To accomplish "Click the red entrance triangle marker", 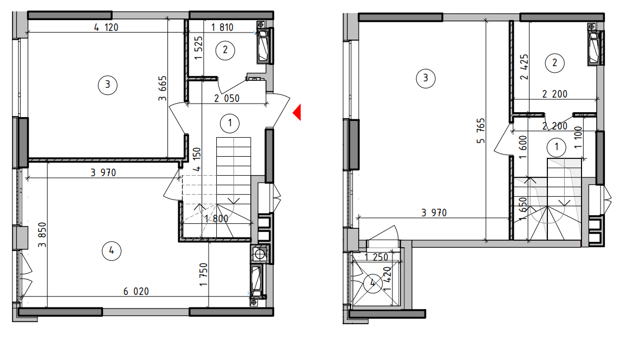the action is pos(298,112).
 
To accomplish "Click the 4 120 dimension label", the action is pos(106,28).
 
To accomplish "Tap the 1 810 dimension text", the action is pos(222,28).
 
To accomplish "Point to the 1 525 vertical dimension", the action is pos(198,48).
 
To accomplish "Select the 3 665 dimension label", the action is pos(162,88).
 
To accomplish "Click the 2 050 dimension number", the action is pos(227,98).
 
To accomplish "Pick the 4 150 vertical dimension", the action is pos(197,159).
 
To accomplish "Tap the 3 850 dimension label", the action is pos(42,235).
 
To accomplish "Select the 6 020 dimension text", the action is pos(136,291).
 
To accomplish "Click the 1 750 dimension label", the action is pos(203,275).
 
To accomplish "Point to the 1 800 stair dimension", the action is pos(216,218).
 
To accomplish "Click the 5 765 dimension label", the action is pos(480,131).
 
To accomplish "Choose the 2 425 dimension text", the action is pos(524,67).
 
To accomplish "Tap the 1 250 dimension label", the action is pos(376,257).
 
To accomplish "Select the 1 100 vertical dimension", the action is pos(578,137).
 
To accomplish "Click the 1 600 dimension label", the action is pos(523,147).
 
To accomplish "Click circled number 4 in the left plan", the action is pos(112,251).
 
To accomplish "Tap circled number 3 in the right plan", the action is pos(425,78).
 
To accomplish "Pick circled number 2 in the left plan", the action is pos(225,50).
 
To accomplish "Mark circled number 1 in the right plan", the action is pos(557,147).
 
